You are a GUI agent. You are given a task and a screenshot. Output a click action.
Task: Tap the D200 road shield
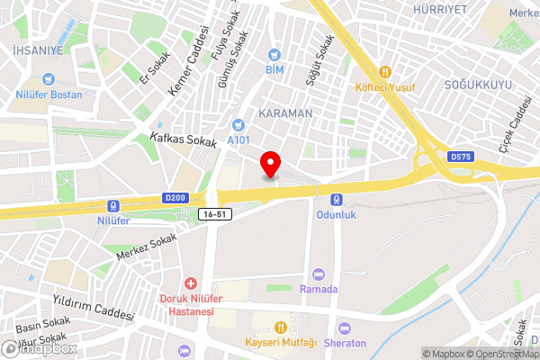(x=175, y=198)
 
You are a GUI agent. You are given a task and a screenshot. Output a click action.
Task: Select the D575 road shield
(x=460, y=157)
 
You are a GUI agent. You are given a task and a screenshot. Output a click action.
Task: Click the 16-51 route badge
(x=213, y=214)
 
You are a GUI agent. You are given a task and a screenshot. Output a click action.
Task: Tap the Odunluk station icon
(x=335, y=200)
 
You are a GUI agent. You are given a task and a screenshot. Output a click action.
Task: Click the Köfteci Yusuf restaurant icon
(x=385, y=71)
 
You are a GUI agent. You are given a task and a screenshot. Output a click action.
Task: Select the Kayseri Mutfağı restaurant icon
(x=280, y=328)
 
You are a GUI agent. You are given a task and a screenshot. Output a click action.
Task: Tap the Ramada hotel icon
(x=317, y=274)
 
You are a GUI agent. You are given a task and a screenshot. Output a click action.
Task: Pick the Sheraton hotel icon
(x=344, y=328)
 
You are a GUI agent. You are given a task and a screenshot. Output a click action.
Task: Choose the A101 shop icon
(x=238, y=125)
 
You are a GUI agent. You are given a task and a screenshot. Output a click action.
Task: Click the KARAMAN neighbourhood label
(x=285, y=114)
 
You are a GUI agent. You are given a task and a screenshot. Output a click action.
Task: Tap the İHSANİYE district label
(x=32, y=50)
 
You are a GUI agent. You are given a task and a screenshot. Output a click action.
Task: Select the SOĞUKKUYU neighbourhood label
(x=479, y=85)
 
